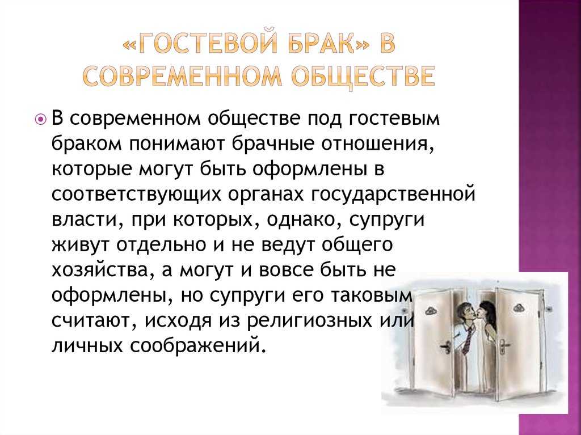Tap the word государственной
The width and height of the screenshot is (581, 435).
pyautogui.click(x=391, y=194)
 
